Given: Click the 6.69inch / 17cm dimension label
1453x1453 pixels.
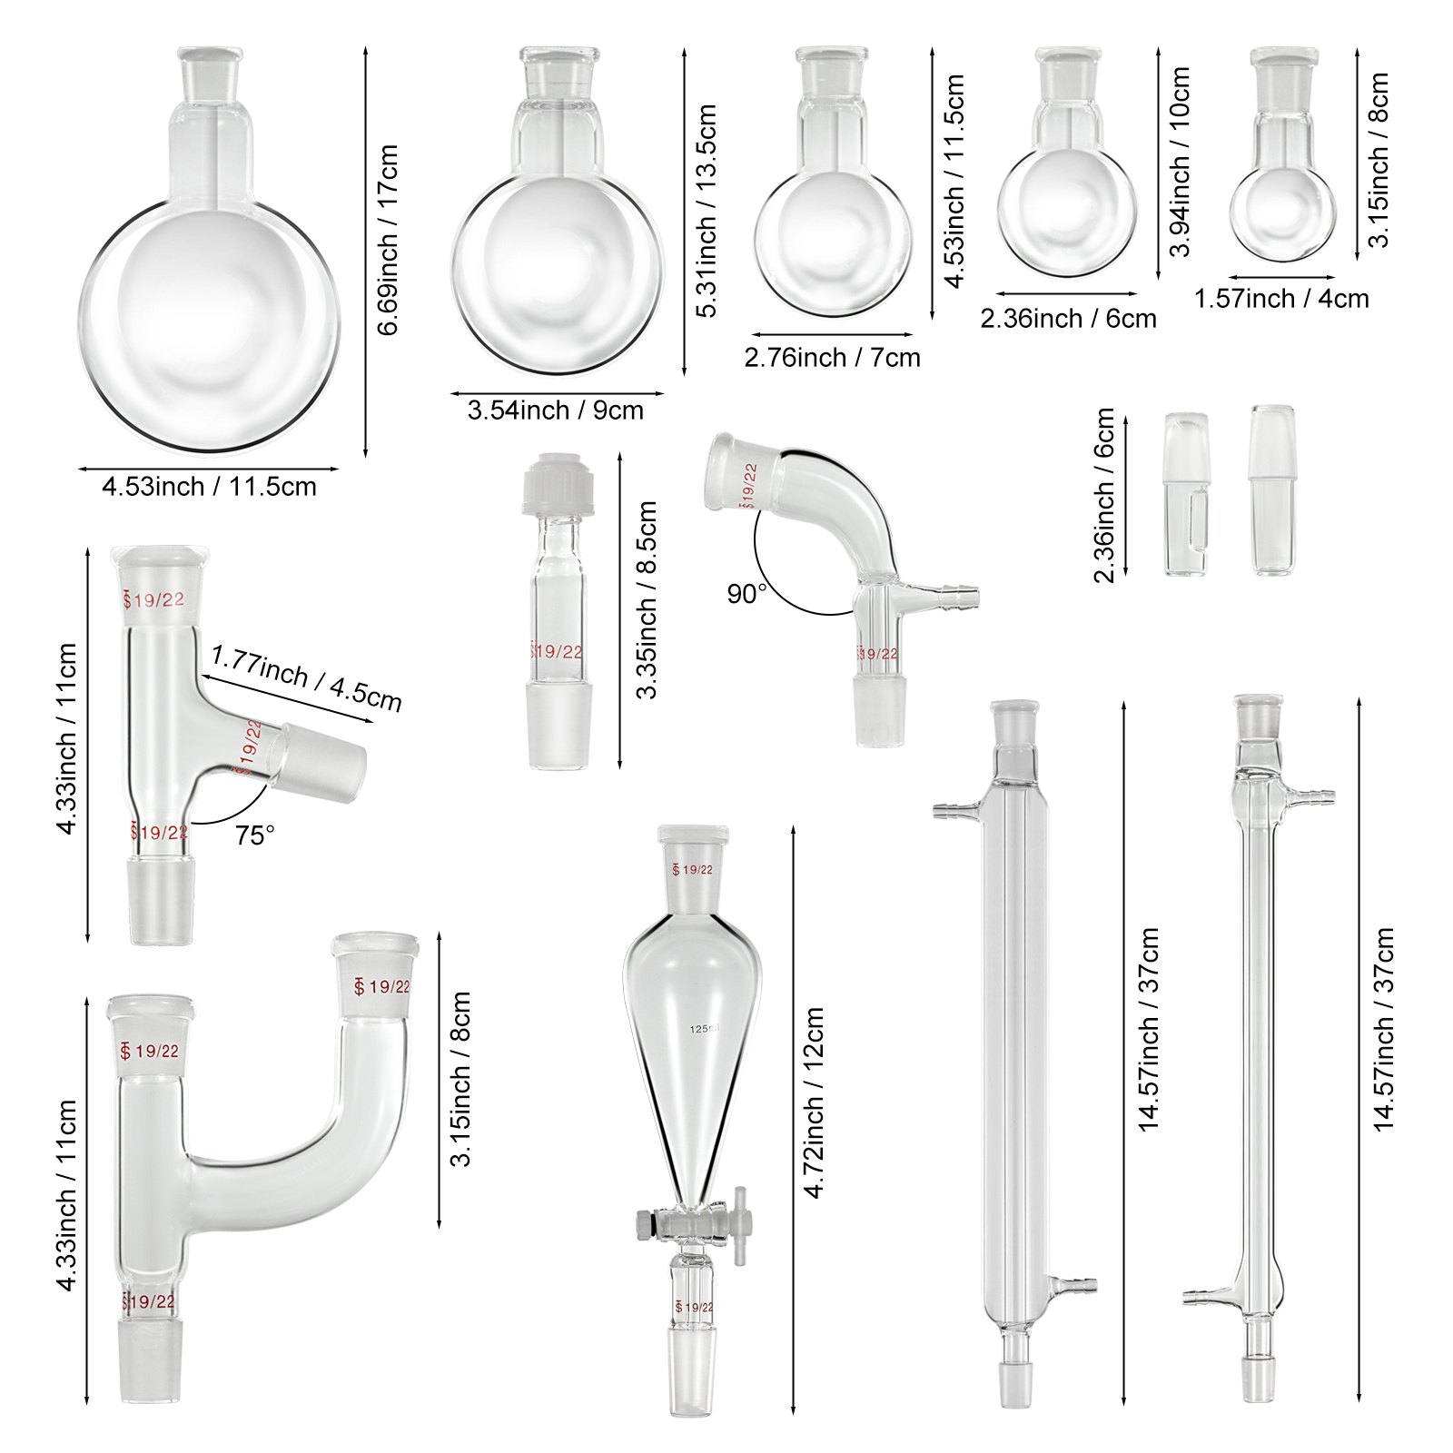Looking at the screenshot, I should coord(389,240).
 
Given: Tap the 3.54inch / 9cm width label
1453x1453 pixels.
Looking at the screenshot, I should coord(555,410).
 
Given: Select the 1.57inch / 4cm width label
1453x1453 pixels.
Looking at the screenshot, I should coord(1281,299).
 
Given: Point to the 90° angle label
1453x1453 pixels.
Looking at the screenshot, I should coord(747,594).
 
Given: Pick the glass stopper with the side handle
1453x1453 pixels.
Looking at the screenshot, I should coord(1186,495).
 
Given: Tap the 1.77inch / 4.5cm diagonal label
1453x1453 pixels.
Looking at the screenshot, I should coord(306,678).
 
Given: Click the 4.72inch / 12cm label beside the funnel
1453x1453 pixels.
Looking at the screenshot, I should coord(815,1101).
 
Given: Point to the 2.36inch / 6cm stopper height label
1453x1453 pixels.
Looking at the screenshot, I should coord(1104,495).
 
